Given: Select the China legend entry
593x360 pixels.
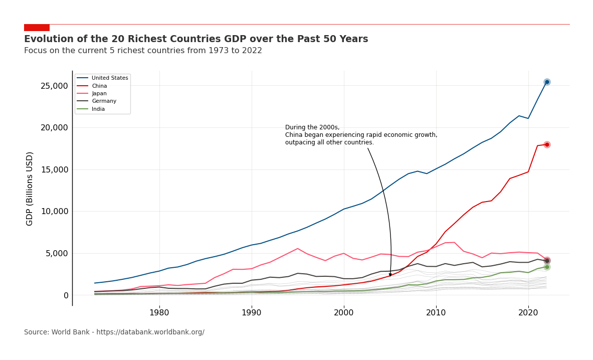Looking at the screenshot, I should (99, 86).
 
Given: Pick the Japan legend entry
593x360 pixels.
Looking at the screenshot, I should (99, 94).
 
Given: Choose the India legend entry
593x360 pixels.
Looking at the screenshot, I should (98, 109).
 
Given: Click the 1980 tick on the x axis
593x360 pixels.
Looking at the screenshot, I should (159, 313).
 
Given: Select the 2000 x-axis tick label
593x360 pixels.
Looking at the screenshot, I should (344, 313).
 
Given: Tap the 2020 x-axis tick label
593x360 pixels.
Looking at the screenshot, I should (528, 313).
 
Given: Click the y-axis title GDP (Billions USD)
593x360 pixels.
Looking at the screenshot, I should (30, 189).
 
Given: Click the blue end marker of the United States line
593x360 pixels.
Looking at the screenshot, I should (547, 82).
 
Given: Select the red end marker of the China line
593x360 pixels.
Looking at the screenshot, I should (547, 144).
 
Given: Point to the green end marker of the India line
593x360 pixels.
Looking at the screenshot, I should (547, 267).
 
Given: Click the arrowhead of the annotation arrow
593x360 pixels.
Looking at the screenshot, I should (390, 274).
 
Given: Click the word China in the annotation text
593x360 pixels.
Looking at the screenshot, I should (295, 135).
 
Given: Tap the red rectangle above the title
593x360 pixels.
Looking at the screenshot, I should (37, 28).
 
